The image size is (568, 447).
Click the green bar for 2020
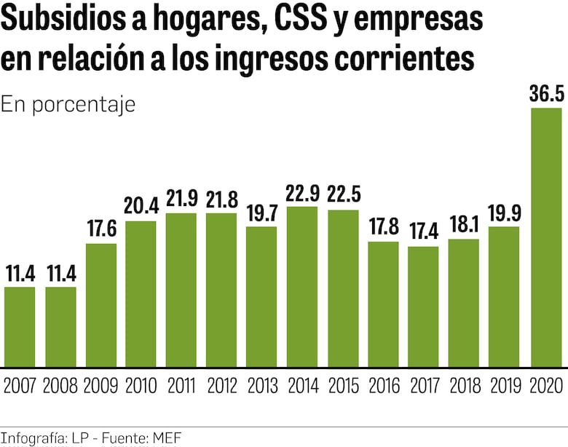coord(545,237)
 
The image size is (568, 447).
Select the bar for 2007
coord(20,326)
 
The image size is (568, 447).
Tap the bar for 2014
coord(302,286)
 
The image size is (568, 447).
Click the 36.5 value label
coord(545,94)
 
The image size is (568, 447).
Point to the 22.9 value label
coord(302,193)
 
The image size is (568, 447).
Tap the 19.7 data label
coord(261,213)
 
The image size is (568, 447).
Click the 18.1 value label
coord(463,226)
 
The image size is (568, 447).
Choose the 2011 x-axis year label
coord(181,386)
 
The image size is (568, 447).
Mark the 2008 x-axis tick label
coord(60,386)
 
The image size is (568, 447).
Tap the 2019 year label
coord(504,386)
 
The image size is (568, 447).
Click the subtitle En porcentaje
coord(68,104)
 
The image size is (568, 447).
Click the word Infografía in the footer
coord(33,438)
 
